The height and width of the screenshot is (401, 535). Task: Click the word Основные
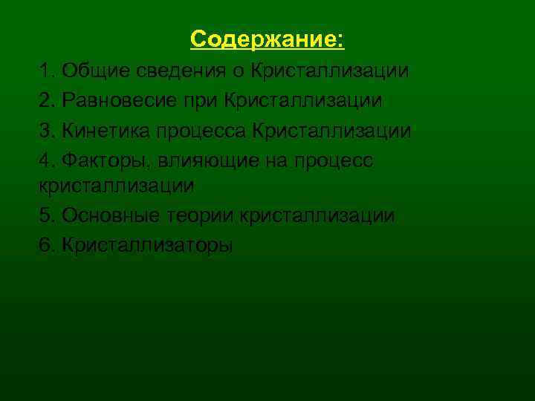click(109, 216)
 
